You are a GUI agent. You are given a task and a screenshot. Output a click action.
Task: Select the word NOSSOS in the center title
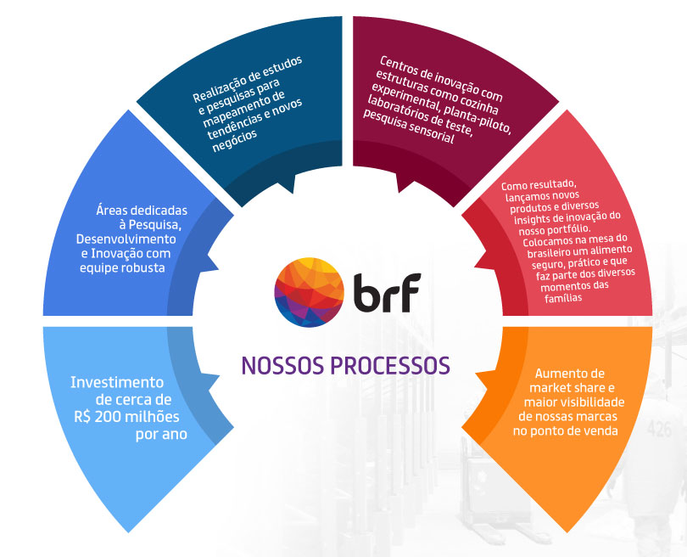283,364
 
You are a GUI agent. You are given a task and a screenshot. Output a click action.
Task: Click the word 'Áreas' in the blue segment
112,211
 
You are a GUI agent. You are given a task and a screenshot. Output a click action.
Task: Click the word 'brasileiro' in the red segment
529,252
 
